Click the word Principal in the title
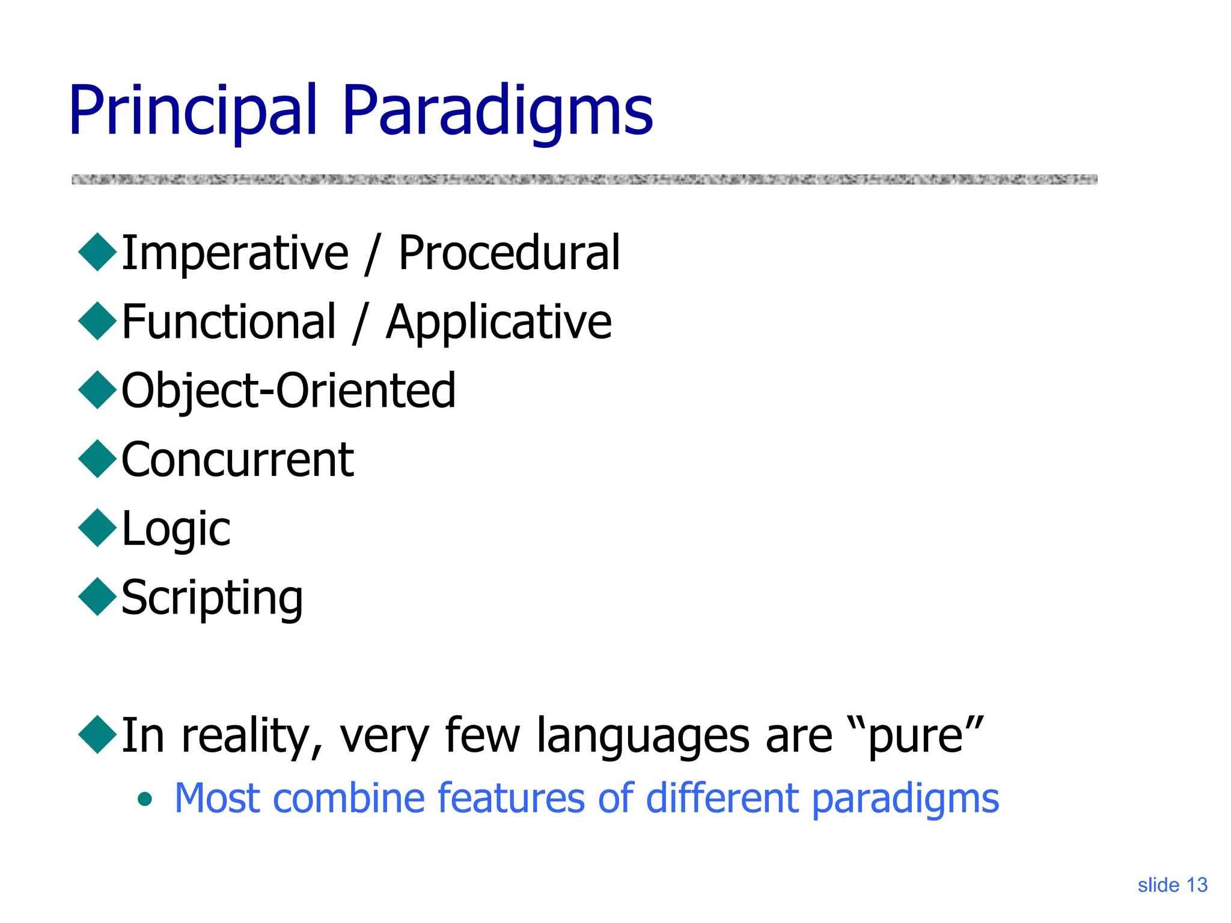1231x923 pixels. (x=192, y=111)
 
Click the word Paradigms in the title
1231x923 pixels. (x=497, y=111)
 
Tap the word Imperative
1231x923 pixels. (x=234, y=254)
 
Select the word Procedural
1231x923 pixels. (x=509, y=254)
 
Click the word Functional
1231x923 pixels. (x=228, y=323)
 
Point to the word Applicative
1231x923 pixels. (x=498, y=323)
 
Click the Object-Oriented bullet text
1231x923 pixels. (x=289, y=391)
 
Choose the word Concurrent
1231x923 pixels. (x=237, y=460)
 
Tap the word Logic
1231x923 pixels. (x=176, y=529)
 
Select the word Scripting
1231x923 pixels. (x=212, y=598)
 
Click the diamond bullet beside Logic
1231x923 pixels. (x=97, y=528)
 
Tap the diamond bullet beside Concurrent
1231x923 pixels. (x=97, y=459)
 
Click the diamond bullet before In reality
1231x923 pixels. (x=97, y=734)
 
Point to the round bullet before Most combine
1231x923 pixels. (x=144, y=799)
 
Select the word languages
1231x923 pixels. (x=643, y=737)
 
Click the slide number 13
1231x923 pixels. (x=1197, y=885)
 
